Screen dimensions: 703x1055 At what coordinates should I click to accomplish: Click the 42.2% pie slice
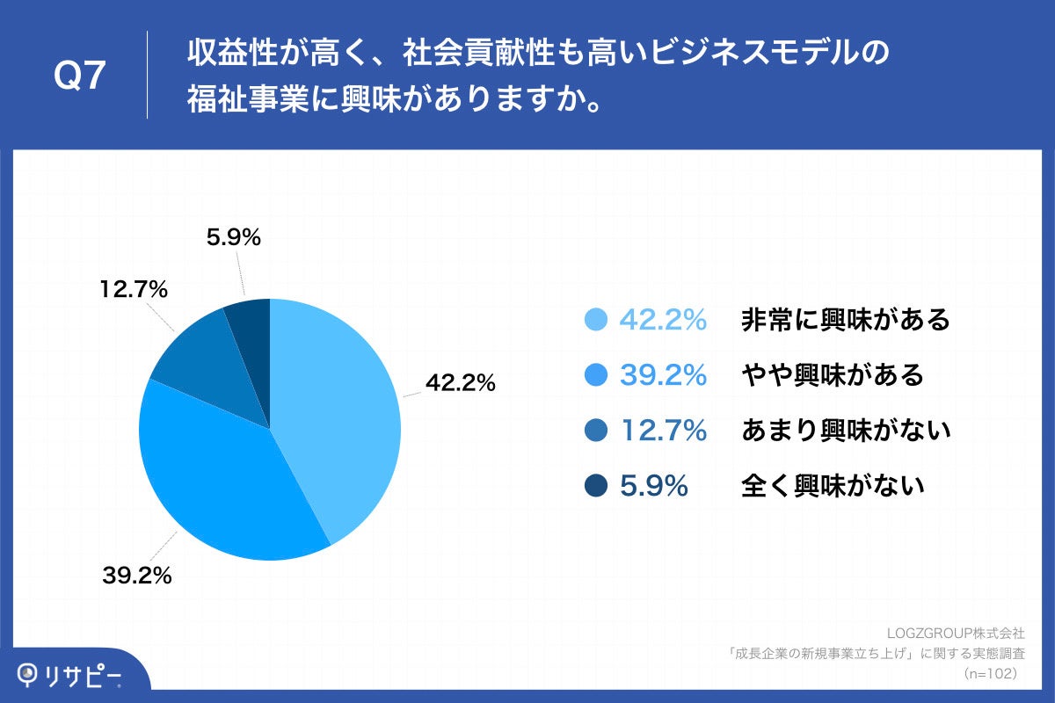[x=338, y=413]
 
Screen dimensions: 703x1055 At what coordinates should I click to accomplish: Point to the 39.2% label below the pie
[x=135, y=576]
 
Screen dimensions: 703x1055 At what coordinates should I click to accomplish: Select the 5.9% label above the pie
[x=233, y=236]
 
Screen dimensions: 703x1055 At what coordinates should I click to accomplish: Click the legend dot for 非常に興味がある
[x=597, y=321]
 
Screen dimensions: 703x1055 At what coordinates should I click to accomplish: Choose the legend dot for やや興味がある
[x=597, y=375]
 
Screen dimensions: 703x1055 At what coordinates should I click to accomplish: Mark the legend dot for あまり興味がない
[x=597, y=431]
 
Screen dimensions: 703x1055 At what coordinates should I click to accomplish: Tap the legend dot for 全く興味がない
[x=597, y=485]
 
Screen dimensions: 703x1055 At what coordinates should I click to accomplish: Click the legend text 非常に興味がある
[x=846, y=321]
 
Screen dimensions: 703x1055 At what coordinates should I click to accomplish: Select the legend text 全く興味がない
[x=833, y=485]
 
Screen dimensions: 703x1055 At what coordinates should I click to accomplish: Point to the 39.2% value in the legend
[x=664, y=375]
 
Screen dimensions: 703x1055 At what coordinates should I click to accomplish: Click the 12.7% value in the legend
[x=664, y=431]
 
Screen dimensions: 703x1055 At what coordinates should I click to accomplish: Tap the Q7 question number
[x=81, y=77]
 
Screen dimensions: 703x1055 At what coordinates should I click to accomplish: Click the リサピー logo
[x=70, y=675]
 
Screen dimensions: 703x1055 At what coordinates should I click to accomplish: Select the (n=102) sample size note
[x=990, y=673]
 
